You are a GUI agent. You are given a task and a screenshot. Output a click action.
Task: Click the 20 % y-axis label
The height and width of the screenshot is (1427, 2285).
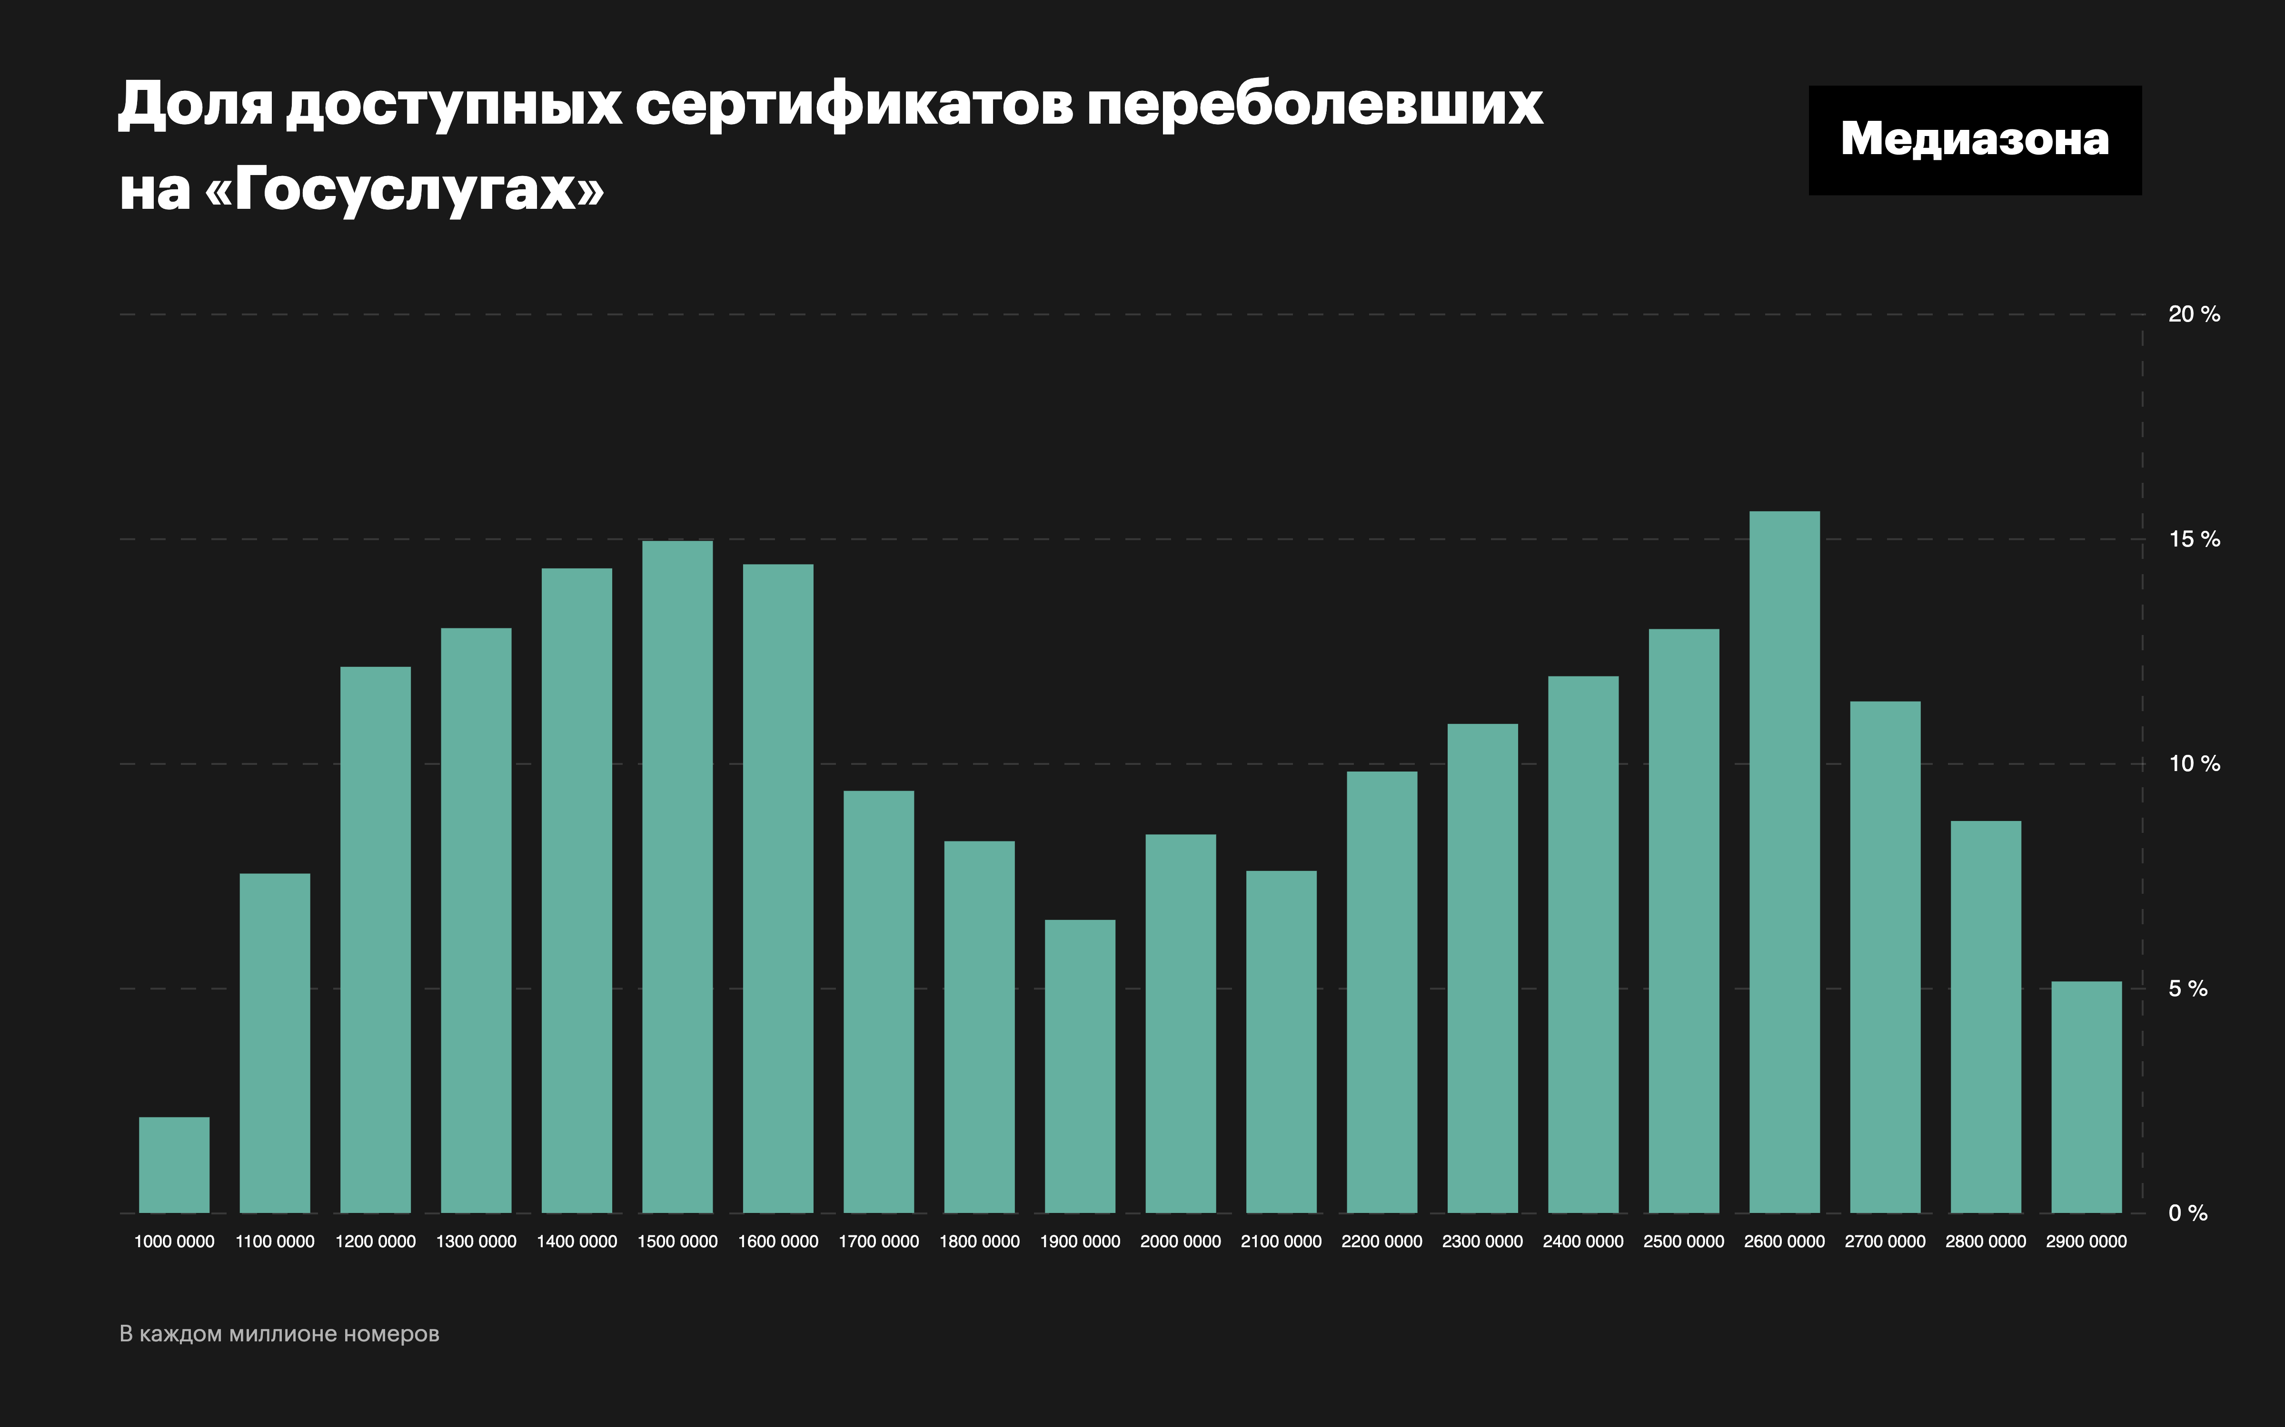[x=2194, y=314]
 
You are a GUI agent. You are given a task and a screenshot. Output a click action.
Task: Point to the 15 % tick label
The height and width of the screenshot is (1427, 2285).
[x=2194, y=540]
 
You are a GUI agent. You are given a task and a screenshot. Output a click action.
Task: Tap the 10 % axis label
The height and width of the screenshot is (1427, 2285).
[x=2194, y=764]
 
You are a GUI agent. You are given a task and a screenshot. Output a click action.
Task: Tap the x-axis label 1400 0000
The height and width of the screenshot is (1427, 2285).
[x=577, y=1242]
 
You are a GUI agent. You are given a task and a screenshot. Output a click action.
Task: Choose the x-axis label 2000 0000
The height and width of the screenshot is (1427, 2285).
[x=1180, y=1242]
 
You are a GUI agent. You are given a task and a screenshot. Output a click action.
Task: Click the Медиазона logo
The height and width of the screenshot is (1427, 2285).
[x=1974, y=140]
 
